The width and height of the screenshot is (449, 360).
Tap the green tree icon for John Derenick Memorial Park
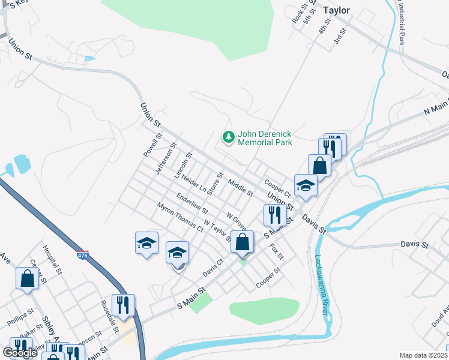tap(228, 138)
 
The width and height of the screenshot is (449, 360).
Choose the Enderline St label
tap(192, 203)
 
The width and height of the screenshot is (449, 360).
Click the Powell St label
tap(152, 145)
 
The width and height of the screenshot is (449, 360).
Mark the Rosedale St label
tap(112, 322)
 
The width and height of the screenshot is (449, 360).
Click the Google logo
tap(20, 353)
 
